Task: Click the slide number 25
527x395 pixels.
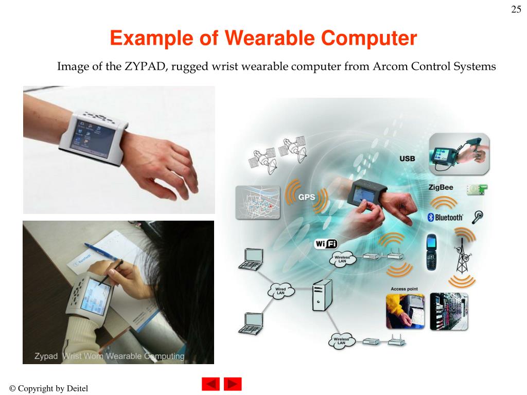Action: pyautogui.click(x=516, y=10)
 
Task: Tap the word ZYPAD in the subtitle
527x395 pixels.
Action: pyautogui.click(x=145, y=66)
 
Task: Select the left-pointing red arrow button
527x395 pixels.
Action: pyautogui.click(x=210, y=384)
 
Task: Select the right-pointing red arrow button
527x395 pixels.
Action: pyautogui.click(x=233, y=384)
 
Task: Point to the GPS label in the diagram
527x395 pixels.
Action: pyautogui.click(x=307, y=197)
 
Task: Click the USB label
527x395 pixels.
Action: pyautogui.click(x=407, y=159)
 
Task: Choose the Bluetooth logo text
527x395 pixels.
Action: pyautogui.click(x=446, y=218)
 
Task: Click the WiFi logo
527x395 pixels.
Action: pyautogui.click(x=326, y=244)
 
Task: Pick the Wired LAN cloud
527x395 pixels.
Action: pyautogui.click(x=281, y=291)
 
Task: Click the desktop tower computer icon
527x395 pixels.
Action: pyautogui.click(x=322, y=295)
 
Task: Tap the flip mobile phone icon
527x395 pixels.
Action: pyautogui.click(x=432, y=252)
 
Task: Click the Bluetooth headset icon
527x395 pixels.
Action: pyautogui.click(x=479, y=217)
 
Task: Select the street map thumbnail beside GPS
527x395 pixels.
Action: pyautogui.click(x=257, y=203)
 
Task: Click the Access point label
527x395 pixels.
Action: pyautogui.click(x=404, y=289)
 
